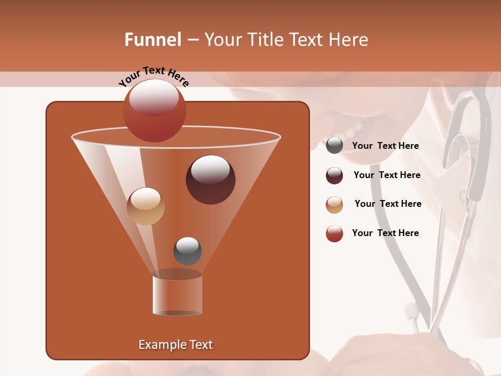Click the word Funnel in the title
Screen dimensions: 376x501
153,40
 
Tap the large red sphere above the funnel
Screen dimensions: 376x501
154,111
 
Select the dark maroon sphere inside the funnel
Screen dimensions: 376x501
210,180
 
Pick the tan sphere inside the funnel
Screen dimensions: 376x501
146,206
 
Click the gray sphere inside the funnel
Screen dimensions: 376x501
187,251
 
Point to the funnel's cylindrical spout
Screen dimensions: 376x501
177,295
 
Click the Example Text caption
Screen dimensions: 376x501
176,345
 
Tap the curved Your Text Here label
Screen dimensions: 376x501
153,76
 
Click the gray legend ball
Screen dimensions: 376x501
335,146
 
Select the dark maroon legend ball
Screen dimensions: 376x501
335,175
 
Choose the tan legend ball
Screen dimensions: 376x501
335,205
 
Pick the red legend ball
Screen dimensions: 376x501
335,233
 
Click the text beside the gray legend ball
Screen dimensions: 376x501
386,146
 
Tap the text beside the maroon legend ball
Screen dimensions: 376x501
387,175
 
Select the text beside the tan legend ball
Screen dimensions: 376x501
388,204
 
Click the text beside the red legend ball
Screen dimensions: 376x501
386,233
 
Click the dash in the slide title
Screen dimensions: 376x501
193,40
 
